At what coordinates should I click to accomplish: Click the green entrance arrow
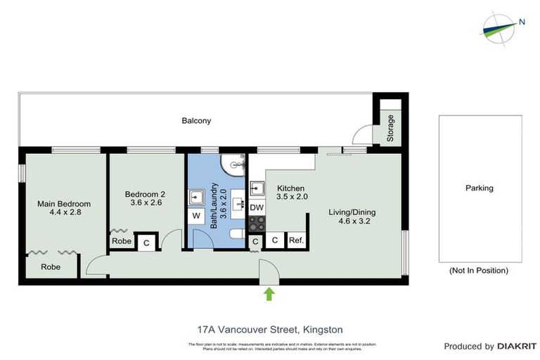pos(269,293)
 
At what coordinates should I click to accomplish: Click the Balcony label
pos(196,121)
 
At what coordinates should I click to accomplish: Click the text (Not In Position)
pos(478,270)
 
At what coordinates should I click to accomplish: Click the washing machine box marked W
pos(195,215)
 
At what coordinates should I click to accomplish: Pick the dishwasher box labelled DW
pos(257,207)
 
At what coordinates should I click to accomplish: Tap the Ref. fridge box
pos(296,240)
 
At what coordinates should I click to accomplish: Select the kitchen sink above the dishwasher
pos(257,188)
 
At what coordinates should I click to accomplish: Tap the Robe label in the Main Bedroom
pos(50,267)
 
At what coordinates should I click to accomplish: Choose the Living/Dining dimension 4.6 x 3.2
pos(353,221)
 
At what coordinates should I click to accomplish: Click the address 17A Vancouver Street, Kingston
pos(269,328)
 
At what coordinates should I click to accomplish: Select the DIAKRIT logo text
pos(517,347)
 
